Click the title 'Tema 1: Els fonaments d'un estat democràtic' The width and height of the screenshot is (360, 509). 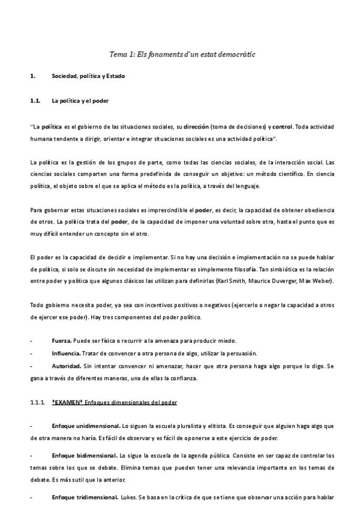coord(182,54)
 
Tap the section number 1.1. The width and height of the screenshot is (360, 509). coord(35,101)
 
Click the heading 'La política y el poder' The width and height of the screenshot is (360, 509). coord(80,101)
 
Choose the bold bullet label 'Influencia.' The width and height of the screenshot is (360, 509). coord(67,352)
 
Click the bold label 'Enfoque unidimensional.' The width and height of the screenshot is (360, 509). coord(85,426)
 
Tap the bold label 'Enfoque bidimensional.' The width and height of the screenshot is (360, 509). coord(83,456)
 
